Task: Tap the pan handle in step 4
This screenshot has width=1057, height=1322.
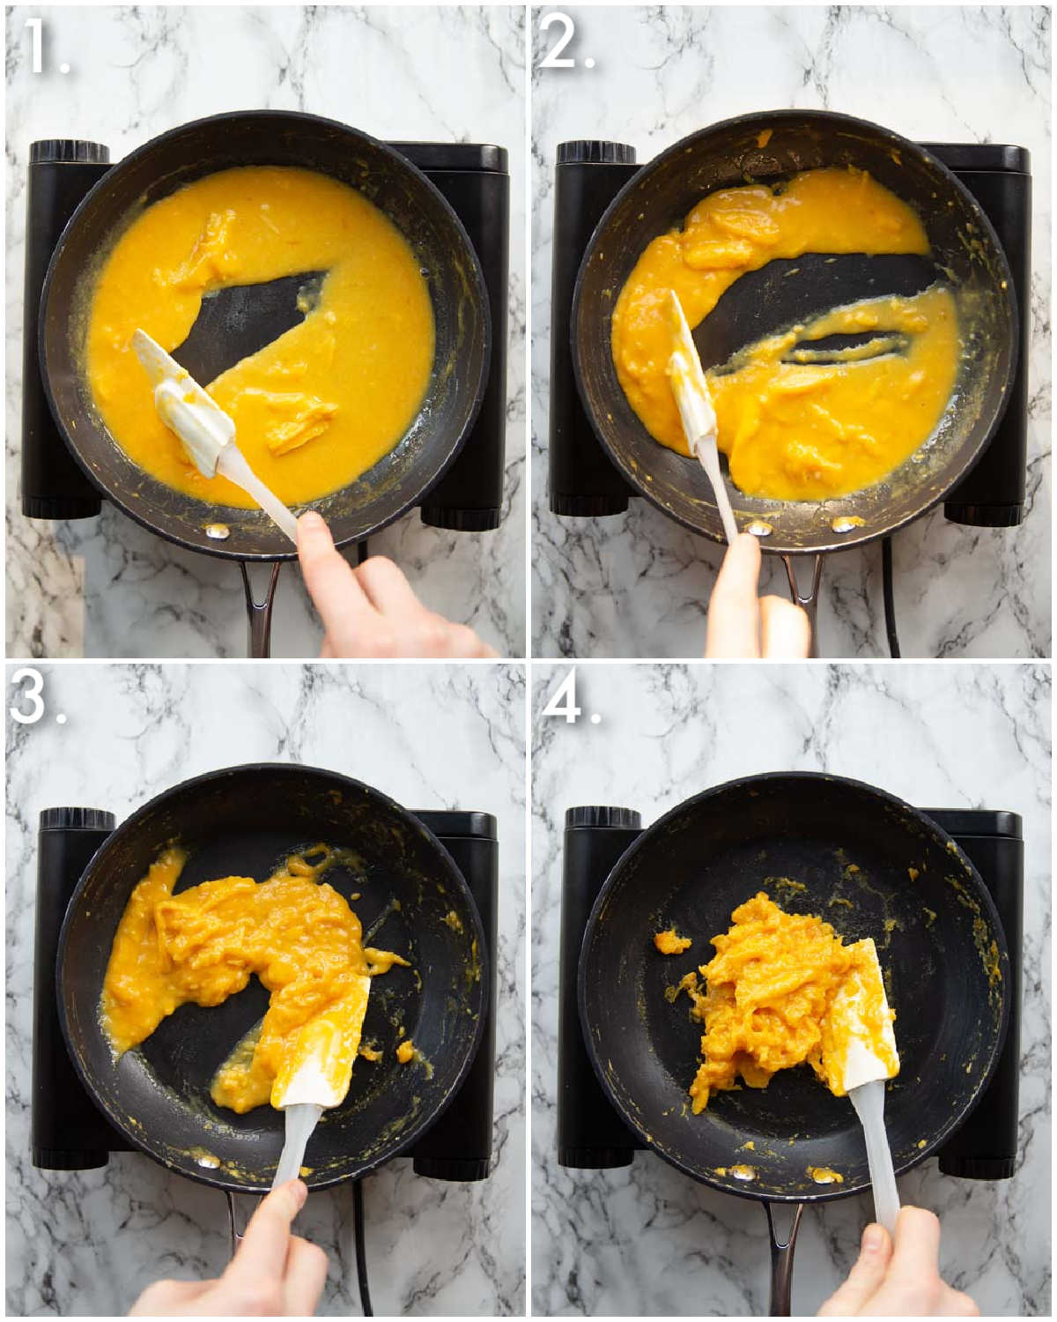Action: click(782, 1251)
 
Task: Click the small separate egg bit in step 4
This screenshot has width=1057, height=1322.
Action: click(671, 941)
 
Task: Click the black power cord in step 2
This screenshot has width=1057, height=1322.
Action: click(891, 599)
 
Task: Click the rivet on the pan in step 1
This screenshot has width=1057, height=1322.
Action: click(215, 531)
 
